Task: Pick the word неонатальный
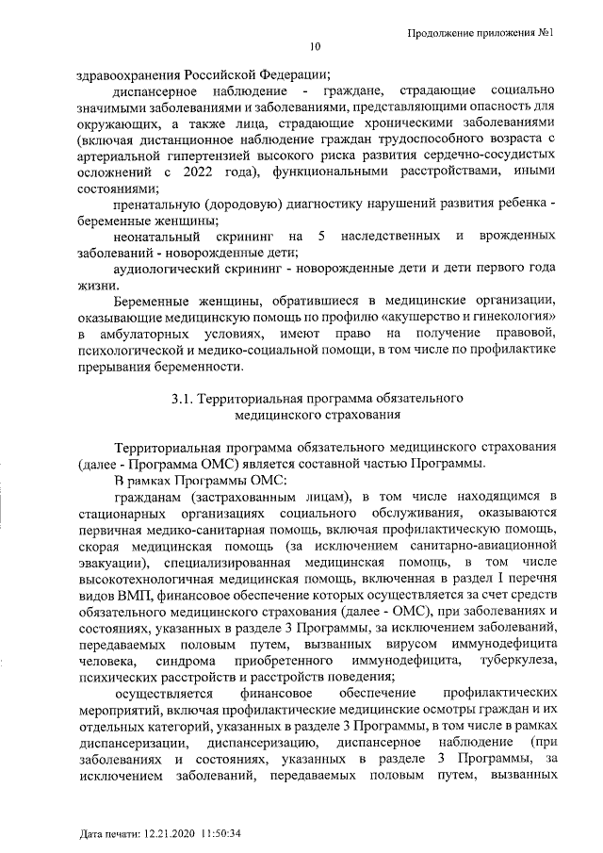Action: point(154,235)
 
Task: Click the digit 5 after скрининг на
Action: point(322,235)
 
